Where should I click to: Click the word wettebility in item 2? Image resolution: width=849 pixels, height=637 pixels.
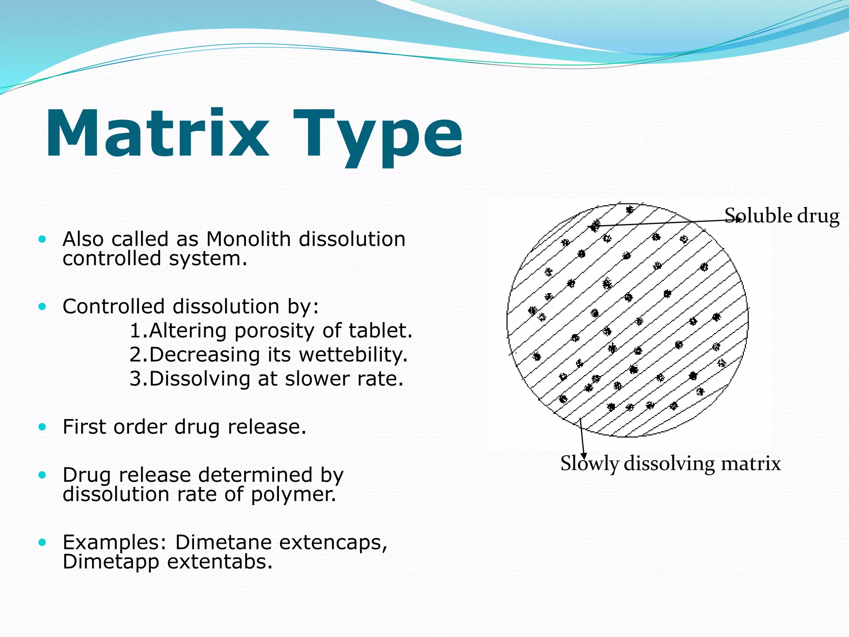pyautogui.click(x=352, y=355)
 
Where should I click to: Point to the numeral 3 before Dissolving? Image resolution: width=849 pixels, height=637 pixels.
pyautogui.click(x=135, y=379)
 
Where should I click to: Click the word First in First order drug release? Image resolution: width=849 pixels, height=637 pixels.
pyautogui.click(x=85, y=427)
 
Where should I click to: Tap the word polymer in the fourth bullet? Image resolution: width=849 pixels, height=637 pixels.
pyautogui.click(x=293, y=494)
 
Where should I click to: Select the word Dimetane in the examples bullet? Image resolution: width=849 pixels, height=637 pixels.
pyautogui.click(x=224, y=542)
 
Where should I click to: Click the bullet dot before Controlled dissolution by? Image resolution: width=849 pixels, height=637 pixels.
pyautogui.click(x=42, y=307)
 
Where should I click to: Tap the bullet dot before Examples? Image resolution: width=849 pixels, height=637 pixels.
pyautogui.click(x=42, y=542)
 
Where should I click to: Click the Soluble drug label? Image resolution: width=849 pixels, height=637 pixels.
pyautogui.click(x=782, y=216)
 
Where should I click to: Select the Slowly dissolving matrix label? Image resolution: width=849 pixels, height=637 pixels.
pyautogui.click(x=670, y=464)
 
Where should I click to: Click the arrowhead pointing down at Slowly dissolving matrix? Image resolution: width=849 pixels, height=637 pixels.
pyautogui.click(x=584, y=456)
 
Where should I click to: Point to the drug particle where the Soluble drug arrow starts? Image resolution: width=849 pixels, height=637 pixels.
pyautogui.click(x=595, y=226)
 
